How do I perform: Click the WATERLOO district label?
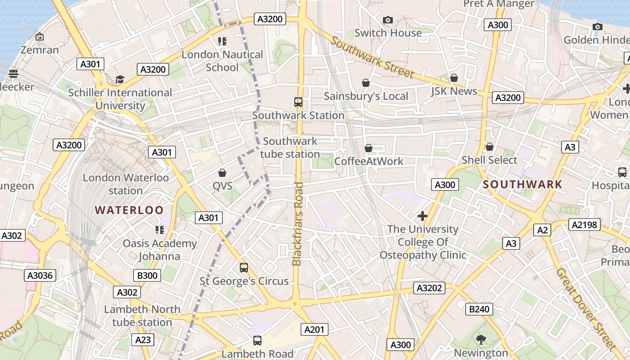point(129,210)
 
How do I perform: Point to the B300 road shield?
point(147,275)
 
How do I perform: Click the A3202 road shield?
point(429,288)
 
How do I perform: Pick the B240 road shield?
point(479,309)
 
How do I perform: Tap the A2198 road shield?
point(584,225)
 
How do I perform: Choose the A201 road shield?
point(314,329)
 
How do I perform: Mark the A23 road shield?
point(143,340)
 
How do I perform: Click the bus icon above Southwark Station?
point(298,102)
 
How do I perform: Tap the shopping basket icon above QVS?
point(222,173)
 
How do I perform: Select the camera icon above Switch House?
point(387,20)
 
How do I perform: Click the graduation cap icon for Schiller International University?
point(120,80)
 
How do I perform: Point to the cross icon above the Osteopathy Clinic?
point(422,216)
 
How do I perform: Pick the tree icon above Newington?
point(481,340)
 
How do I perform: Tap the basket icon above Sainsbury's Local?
point(366,83)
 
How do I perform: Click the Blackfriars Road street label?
point(297,224)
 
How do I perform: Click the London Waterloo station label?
point(126,184)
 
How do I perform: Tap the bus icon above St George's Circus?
point(244,268)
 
